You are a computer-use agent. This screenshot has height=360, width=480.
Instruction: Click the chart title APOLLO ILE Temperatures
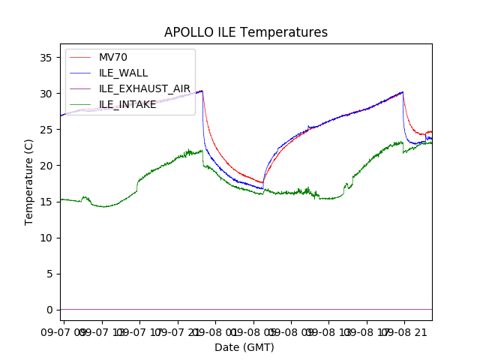246,33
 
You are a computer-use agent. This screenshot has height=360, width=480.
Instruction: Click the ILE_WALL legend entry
123,73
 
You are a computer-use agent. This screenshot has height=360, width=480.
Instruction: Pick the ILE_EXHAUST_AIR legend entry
145,88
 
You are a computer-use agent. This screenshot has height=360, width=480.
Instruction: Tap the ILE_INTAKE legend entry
127,104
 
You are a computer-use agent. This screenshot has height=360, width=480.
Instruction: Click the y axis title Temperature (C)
29,181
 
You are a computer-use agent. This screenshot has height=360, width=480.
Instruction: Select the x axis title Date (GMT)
244,347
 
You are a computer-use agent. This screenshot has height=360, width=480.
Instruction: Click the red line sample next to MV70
81,57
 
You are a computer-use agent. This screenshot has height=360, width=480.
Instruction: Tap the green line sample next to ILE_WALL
81,73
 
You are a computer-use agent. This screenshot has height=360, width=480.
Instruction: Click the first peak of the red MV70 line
202,91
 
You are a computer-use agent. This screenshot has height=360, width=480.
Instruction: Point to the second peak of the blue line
403,92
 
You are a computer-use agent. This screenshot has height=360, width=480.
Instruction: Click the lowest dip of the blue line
262,189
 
